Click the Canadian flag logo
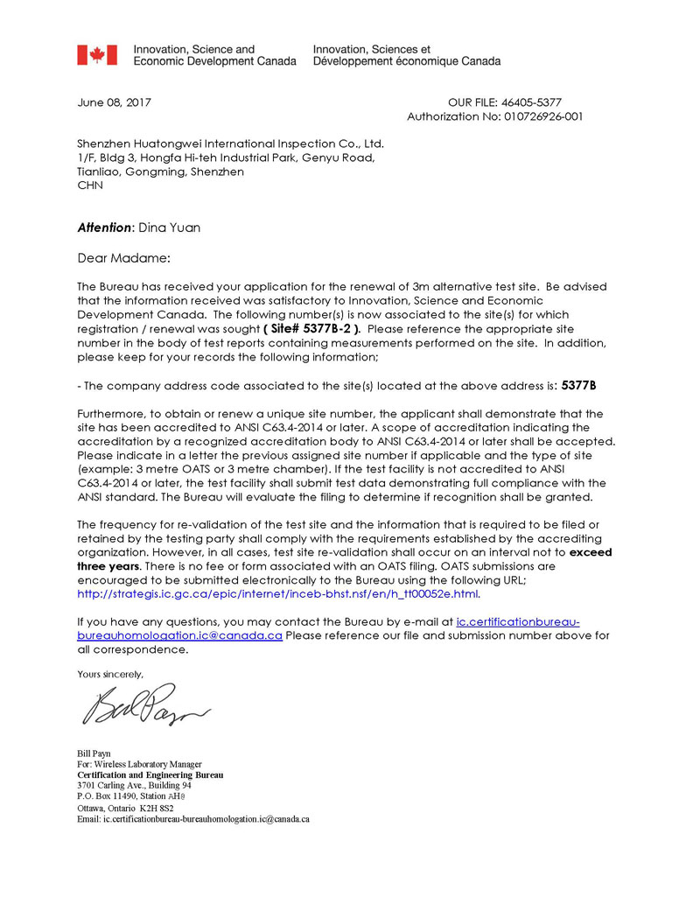[96, 55]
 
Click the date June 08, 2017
[114, 102]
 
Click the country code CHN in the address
[89, 186]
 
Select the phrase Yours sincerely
[109, 674]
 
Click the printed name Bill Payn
[95, 753]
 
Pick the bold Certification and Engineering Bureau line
[150, 774]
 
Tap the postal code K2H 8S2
[157, 808]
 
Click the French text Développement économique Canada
[407, 62]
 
